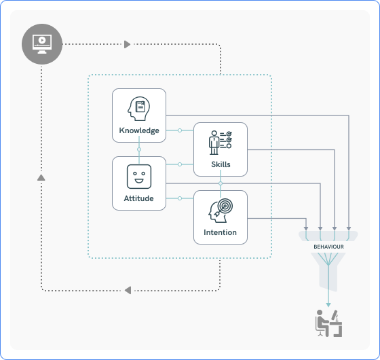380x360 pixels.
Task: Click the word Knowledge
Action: point(139,130)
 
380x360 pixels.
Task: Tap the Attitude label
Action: point(139,198)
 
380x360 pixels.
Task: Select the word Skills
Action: point(221,164)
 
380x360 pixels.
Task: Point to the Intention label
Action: point(221,232)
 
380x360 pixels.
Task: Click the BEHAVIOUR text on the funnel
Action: point(328,247)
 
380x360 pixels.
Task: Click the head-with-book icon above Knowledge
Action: point(139,109)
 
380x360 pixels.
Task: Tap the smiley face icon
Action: point(139,177)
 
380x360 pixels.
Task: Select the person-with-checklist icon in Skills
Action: point(220,143)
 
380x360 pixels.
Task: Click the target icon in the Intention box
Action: point(221,211)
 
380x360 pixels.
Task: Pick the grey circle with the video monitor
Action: point(42,44)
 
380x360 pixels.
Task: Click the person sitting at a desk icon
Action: point(328,323)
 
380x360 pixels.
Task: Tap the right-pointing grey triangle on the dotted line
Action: point(128,44)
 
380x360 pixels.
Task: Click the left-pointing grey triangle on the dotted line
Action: point(128,290)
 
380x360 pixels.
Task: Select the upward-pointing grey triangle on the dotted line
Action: point(41,177)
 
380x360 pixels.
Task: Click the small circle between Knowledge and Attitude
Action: point(139,149)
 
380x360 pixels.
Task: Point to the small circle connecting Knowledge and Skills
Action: point(180,130)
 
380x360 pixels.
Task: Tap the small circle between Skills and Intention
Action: point(221,183)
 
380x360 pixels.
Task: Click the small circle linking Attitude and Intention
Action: point(180,198)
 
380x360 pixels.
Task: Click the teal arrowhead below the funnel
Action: point(328,305)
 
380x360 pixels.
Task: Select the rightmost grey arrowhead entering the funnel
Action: point(349,228)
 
